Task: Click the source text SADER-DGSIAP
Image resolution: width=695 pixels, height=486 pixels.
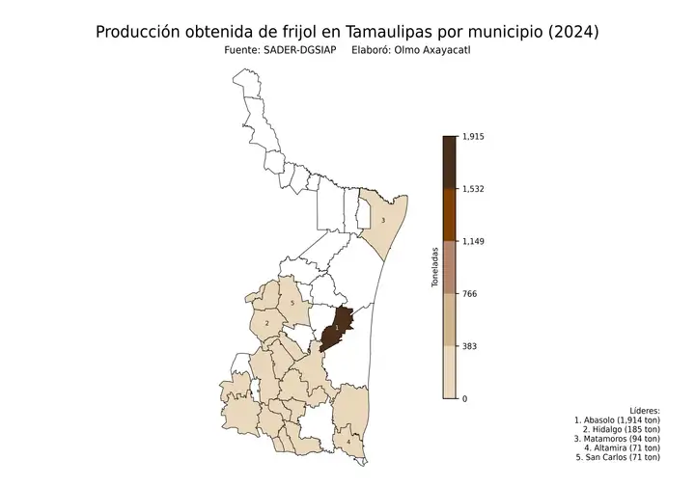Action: pos(297,50)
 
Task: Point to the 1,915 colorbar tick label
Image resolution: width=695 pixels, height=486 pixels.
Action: pos(474,137)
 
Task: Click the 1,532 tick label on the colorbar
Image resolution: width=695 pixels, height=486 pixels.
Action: pos(474,189)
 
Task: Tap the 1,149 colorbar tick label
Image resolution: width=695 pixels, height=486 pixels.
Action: pos(474,241)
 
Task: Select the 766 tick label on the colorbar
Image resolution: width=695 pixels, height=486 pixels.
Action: pos(470,293)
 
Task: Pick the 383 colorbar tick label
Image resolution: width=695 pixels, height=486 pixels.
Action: pos(470,345)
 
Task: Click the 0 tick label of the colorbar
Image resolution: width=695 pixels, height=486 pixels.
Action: pos(465,398)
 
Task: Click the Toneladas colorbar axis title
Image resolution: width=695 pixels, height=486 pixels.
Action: pos(435,267)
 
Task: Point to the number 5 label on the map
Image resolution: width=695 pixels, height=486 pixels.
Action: pos(292,304)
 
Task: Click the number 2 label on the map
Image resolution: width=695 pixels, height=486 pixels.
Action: pos(266,324)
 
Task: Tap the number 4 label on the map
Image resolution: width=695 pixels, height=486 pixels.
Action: pos(347,442)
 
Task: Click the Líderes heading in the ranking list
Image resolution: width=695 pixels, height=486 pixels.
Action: pos(644,410)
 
